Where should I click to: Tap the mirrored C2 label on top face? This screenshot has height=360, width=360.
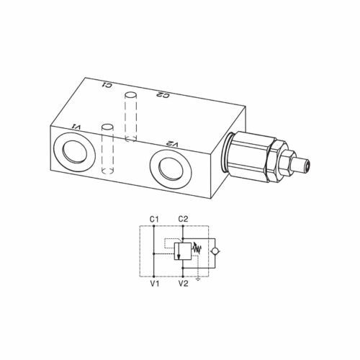pos(163,95)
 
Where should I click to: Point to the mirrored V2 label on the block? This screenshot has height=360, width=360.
pos(173,144)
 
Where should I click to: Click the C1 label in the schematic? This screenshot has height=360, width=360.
pos(154,220)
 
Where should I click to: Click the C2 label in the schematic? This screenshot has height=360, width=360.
pos(183,220)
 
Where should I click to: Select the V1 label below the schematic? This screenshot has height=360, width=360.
pos(155,284)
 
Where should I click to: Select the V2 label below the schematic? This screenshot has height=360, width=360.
pos(183,284)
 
